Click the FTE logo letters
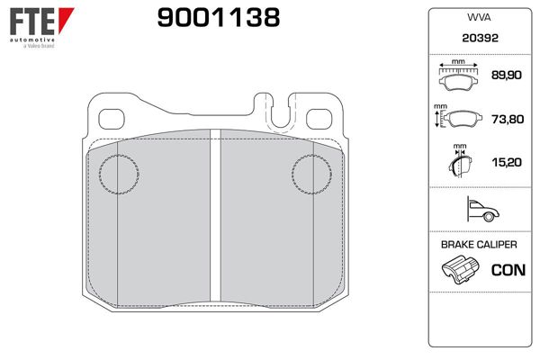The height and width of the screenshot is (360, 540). [x=29, y=21]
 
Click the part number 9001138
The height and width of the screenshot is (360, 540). [x=219, y=17]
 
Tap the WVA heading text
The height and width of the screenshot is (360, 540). [x=478, y=18]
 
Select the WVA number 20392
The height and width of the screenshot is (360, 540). [x=478, y=40]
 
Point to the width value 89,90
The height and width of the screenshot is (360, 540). [x=504, y=77]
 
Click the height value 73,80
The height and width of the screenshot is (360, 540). [x=504, y=119]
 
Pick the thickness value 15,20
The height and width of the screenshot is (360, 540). [x=504, y=162]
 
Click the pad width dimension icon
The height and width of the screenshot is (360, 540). [x=458, y=77]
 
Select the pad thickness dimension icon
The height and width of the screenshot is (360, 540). [x=458, y=163]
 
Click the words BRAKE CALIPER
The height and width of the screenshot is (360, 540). [x=478, y=245]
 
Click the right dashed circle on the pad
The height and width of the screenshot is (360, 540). [x=315, y=174]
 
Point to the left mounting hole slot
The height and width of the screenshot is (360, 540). [x=112, y=118]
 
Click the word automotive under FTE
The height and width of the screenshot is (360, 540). [x=31, y=41]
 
